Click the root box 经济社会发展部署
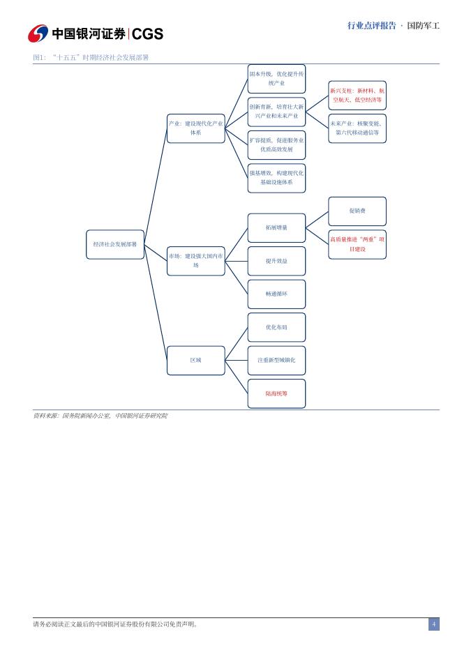pos(115,245)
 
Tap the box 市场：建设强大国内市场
pos(196,260)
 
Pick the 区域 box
pos(196,360)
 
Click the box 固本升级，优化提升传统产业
pos(276,78)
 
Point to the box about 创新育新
pos(276,111)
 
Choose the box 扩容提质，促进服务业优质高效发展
pos(276,144)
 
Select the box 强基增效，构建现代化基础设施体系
pos(276,177)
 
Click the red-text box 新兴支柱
pos(357,95)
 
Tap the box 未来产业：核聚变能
pos(357,128)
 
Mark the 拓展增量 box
pos(276,227)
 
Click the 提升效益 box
pos(276,261)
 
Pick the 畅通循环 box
pos(276,294)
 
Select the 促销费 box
pos(357,211)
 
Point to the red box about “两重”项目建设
pos(357,244)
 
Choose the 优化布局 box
pos(276,327)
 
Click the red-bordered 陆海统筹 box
pos(276,393)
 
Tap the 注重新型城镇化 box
pos(276,360)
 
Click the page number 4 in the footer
pos(433,624)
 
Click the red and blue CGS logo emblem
pos(38,33)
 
